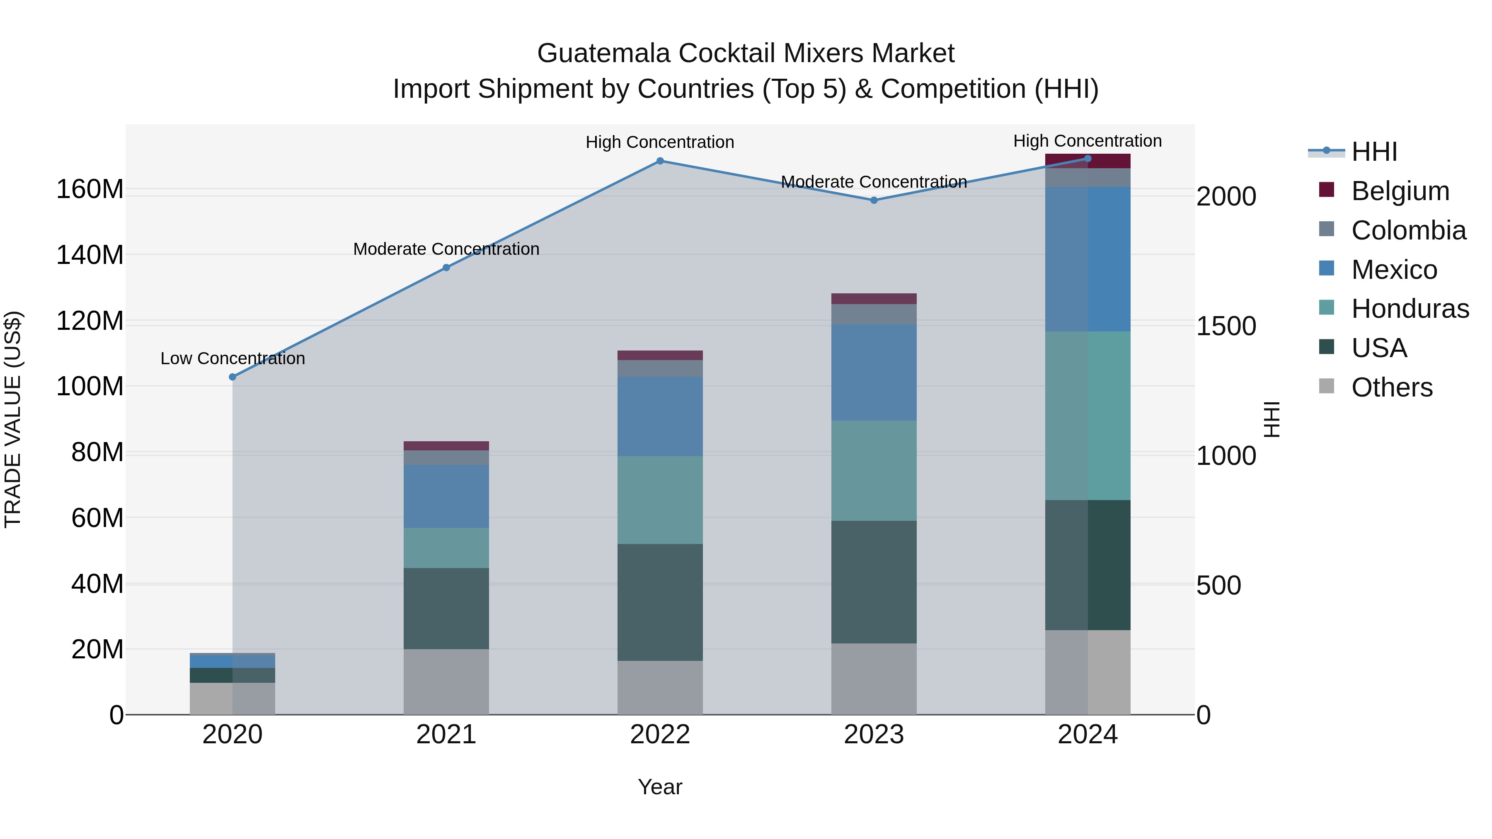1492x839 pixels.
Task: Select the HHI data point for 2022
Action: point(660,161)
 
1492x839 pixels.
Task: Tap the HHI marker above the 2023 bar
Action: point(874,201)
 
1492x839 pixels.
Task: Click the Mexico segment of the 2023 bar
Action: point(874,372)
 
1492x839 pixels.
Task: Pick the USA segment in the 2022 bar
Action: point(660,602)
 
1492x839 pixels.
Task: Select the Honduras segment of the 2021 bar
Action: point(446,548)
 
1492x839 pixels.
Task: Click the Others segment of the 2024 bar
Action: point(1088,672)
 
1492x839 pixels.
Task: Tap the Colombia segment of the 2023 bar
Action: point(874,314)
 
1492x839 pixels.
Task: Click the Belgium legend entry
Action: point(1400,191)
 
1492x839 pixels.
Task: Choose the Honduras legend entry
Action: point(1410,309)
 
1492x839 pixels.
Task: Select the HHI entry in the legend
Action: point(1374,152)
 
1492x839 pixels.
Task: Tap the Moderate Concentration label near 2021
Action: point(446,249)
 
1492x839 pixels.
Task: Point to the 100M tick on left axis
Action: point(90,386)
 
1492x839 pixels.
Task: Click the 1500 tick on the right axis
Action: point(1226,326)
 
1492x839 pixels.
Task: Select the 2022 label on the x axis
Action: point(660,735)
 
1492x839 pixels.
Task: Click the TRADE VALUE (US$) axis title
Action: point(13,419)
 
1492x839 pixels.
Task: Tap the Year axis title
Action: point(660,787)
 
